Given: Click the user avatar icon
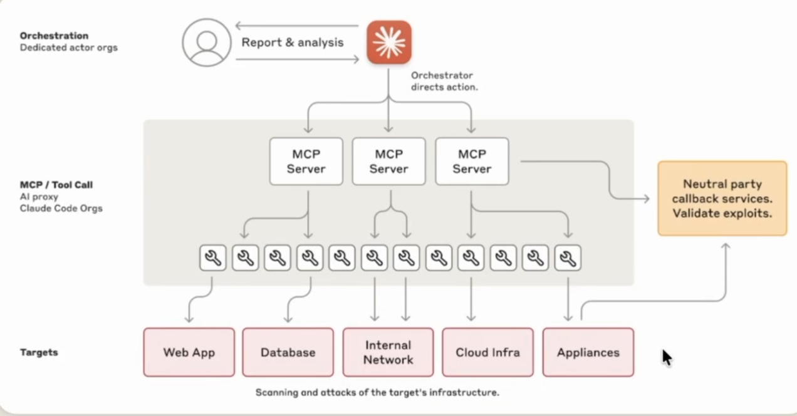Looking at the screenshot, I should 206,43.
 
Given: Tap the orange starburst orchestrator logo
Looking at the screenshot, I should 389,43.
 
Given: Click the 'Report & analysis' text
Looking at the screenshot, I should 293,43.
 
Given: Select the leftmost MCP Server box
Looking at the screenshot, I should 306,162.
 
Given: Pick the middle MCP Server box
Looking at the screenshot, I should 389,162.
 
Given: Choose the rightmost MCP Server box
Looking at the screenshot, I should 472,162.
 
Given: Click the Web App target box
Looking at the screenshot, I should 189,352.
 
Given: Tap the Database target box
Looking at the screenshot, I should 288,352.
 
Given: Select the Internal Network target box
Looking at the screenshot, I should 388,352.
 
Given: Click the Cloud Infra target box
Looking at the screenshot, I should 487,352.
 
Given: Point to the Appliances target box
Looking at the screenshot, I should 588,352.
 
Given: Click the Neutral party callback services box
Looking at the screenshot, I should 722,199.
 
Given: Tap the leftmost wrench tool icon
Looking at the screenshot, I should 213,257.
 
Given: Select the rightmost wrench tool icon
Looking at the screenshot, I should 568,257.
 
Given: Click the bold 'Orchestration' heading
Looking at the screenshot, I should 54,36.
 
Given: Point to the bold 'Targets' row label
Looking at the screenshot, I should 39,352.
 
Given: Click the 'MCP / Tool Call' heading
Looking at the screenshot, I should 56,185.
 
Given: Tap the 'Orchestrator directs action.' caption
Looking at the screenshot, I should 444,81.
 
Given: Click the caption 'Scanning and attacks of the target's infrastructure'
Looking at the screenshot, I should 377,393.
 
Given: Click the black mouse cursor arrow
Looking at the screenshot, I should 666,356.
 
